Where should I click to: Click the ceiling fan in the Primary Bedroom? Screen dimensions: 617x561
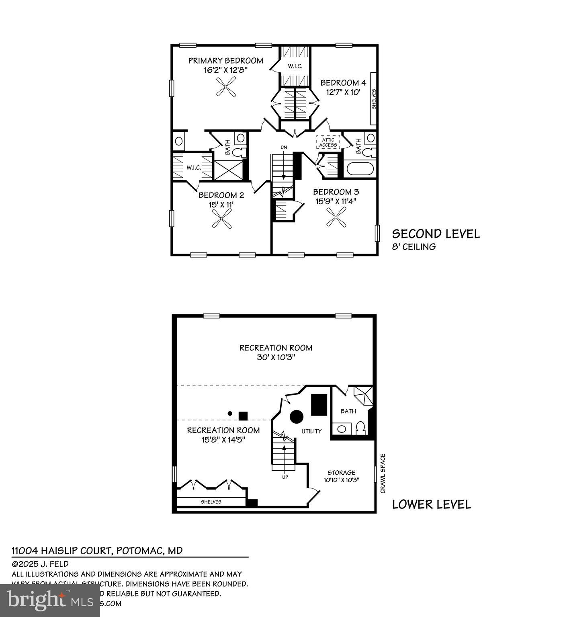226,87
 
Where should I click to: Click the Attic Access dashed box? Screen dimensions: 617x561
328,142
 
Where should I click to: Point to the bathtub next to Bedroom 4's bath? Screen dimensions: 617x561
360,168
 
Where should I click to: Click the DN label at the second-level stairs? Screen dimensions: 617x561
284,148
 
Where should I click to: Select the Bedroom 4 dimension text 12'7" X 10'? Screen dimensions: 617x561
343,92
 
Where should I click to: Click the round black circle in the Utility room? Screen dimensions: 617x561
297,416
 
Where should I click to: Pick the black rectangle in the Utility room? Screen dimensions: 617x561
319,405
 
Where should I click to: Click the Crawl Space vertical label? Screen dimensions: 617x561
383,474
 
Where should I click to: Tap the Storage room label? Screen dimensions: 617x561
341,473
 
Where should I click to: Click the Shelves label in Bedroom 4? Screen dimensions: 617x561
374,99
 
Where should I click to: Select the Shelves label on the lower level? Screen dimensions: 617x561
211,502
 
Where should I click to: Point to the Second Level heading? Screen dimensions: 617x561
436,234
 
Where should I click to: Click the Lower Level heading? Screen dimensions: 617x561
431,504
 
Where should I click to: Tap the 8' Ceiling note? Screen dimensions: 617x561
414,247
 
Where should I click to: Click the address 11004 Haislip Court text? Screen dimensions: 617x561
97,551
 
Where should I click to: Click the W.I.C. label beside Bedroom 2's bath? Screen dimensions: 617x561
193,168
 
